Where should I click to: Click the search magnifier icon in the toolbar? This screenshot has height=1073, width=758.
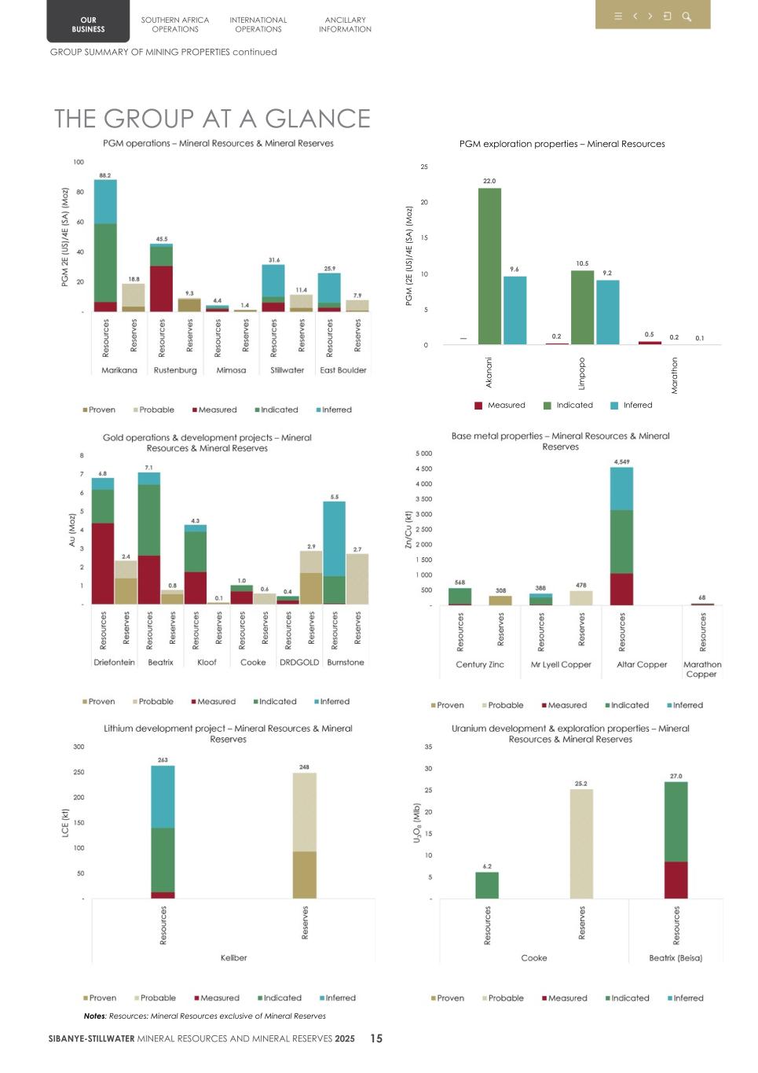(687, 17)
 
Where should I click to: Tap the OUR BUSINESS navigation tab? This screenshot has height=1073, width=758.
(88, 24)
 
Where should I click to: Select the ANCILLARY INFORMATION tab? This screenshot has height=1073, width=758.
(345, 24)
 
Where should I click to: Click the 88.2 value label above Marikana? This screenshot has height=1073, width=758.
(104, 175)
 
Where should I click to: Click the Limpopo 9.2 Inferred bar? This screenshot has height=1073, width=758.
(607, 312)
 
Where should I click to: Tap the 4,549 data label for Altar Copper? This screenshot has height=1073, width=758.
(621, 461)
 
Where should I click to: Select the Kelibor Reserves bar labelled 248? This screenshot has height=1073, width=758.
(304, 835)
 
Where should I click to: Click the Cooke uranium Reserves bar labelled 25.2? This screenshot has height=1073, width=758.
(581, 843)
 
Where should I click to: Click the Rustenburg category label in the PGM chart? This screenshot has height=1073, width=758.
(175, 370)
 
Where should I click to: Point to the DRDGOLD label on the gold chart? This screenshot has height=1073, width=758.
(299, 663)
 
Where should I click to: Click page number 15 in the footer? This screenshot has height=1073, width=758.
(376, 1038)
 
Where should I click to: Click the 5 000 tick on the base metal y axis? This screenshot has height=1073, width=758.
(423, 454)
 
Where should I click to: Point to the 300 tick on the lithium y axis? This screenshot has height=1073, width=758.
(79, 747)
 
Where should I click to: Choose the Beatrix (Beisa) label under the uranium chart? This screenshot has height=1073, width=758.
(676, 958)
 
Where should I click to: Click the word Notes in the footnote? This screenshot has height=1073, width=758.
(95, 1016)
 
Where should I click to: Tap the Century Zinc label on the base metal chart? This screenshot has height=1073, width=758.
(480, 665)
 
